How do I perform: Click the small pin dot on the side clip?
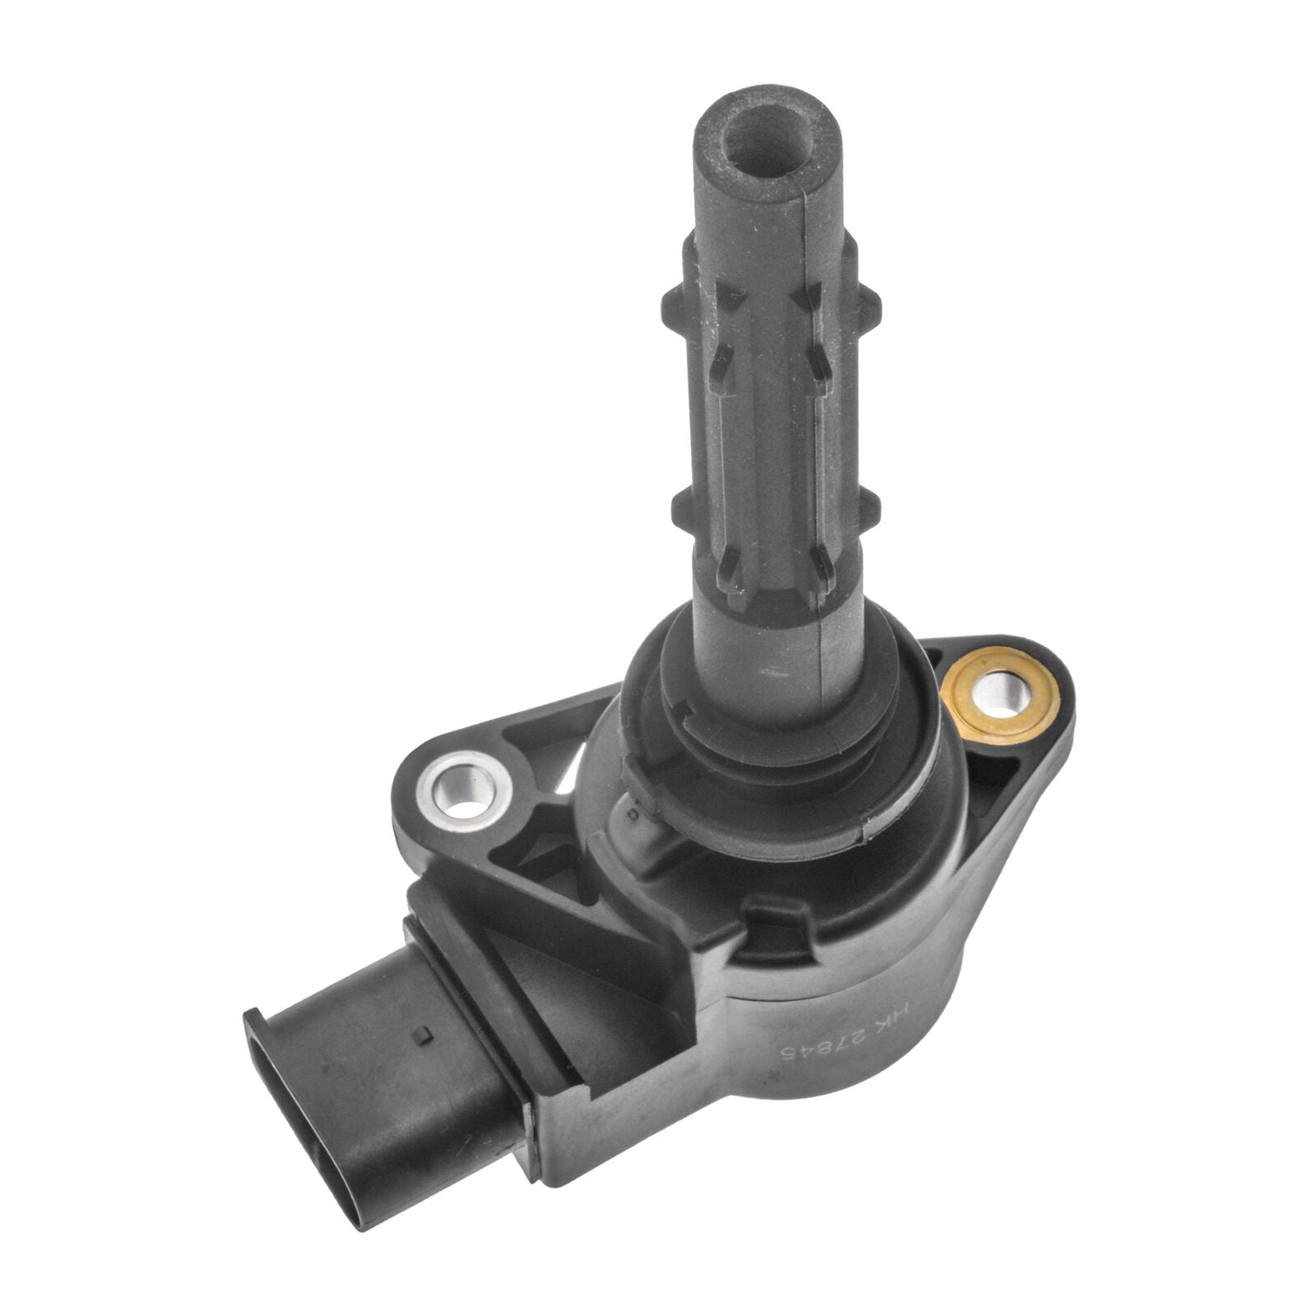(x=631, y=814)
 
